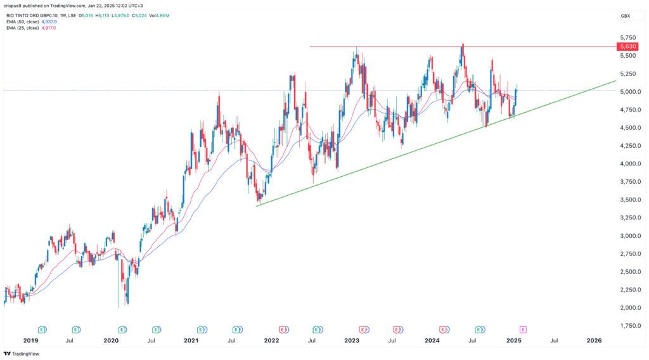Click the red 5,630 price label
pos(627,46)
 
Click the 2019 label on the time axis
pos(30,340)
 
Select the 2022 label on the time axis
pos(271,340)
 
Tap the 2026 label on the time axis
pos(594,340)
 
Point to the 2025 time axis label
pos(513,340)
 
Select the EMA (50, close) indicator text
pos(23,21)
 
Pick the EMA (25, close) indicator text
pos(23,28)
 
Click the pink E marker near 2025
pos(523,329)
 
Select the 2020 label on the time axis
pos(111,340)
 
